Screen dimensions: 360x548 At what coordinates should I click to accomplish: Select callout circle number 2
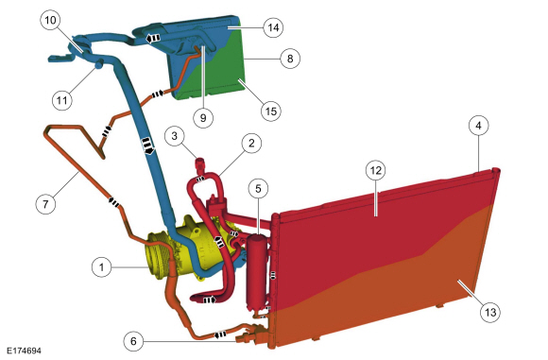250,144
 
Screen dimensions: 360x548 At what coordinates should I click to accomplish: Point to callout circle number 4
479,124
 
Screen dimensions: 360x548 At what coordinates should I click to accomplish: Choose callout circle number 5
256,188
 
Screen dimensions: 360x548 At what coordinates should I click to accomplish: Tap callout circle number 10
49,19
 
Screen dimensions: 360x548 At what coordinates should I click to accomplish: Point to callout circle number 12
375,170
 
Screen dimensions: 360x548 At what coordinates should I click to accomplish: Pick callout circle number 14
272,27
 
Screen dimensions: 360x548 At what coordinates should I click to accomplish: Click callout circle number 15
270,111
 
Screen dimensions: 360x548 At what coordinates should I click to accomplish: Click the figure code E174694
22,351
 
